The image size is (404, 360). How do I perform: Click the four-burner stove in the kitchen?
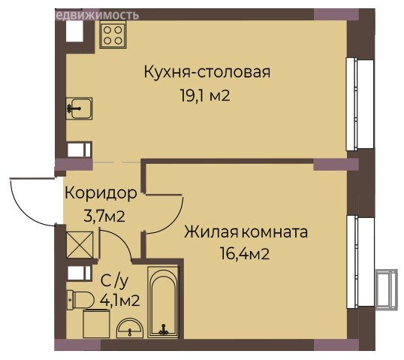pyautogui.click(x=113, y=35)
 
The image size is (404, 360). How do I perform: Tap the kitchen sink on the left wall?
pyautogui.click(x=77, y=109)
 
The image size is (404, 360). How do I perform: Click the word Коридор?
pyautogui.click(x=101, y=193)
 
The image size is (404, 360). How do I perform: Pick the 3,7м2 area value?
pyautogui.click(x=104, y=216)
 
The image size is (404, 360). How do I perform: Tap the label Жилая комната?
pyautogui.click(x=246, y=231)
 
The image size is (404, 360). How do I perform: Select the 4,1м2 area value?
pyautogui.click(x=119, y=302)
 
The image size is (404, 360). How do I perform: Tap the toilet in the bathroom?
pyautogui.click(x=77, y=300)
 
